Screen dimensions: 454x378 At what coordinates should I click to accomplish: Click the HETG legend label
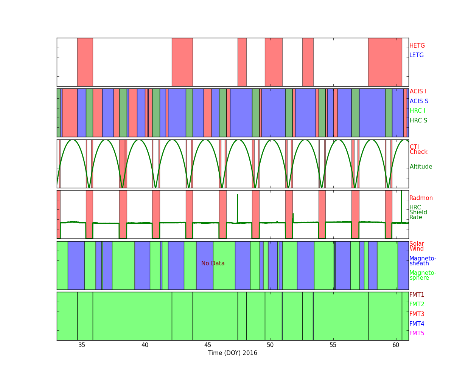[x=417, y=46]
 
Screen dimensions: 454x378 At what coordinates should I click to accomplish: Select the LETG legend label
[x=417, y=55]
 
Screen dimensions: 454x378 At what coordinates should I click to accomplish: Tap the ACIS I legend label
[x=418, y=91]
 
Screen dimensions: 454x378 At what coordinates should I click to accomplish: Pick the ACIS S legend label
[x=419, y=101]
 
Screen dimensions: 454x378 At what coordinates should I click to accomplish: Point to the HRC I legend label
[x=417, y=111]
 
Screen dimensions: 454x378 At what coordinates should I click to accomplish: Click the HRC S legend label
[x=418, y=120]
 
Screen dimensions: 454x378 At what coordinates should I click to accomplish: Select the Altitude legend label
[x=421, y=167]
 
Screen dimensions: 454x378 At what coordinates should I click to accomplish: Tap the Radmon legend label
[x=421, y=198]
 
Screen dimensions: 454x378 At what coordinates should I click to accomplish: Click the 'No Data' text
[x=213, y=263]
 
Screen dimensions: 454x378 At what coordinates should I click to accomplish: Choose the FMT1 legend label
[x=417, y=294]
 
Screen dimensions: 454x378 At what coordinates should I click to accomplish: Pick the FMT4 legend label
[x=417, y=324]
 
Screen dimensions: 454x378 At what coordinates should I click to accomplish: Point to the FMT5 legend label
[x=417, y=333]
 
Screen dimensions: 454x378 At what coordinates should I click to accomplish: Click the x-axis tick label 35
[x=82, y=345]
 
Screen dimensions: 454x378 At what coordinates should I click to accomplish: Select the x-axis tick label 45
[x=208, y=345]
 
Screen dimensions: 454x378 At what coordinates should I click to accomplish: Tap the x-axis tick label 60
[x=396, y=345]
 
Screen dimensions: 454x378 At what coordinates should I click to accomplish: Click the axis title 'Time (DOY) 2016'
[x=232, y=353]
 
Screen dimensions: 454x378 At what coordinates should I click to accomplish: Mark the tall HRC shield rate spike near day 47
[x=237, y=209]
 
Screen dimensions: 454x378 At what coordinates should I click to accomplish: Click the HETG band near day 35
[x=85, y=62]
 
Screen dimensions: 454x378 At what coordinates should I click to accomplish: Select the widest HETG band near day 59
[x=385, y=62]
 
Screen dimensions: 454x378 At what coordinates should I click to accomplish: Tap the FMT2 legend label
[x=417, y=304]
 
